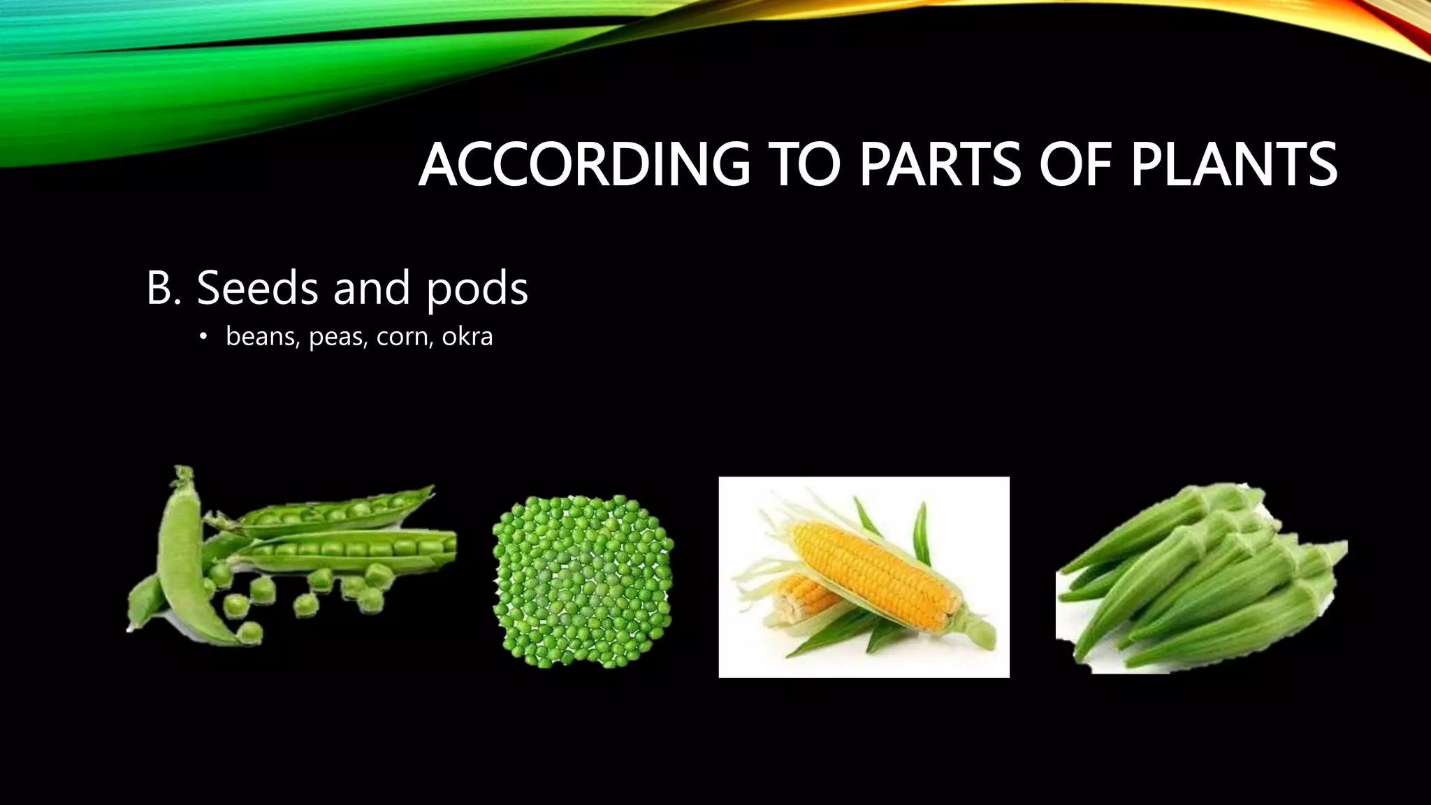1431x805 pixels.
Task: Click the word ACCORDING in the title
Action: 583,166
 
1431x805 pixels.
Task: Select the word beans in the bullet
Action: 263,337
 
